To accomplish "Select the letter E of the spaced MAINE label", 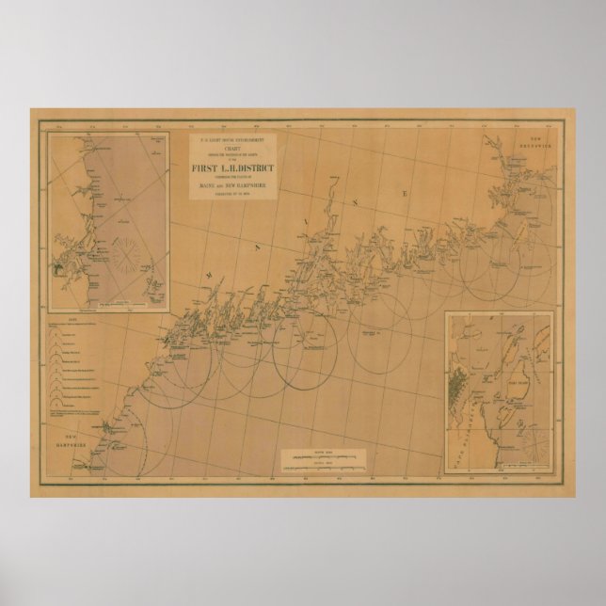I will click(x=405, y=193).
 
